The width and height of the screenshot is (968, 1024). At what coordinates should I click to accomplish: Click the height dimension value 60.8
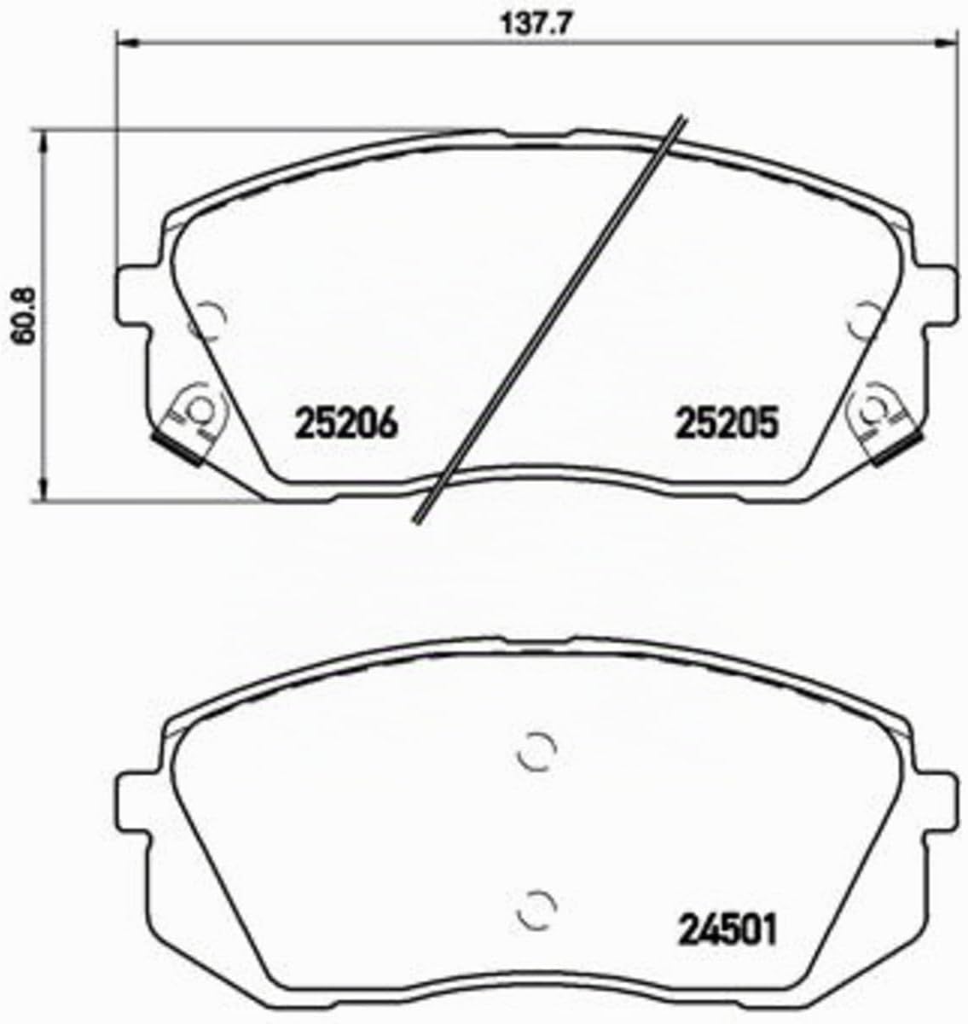click(x=22, y=315)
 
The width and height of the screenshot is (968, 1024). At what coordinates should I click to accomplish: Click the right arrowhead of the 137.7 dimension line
click(x=948, y=41)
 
